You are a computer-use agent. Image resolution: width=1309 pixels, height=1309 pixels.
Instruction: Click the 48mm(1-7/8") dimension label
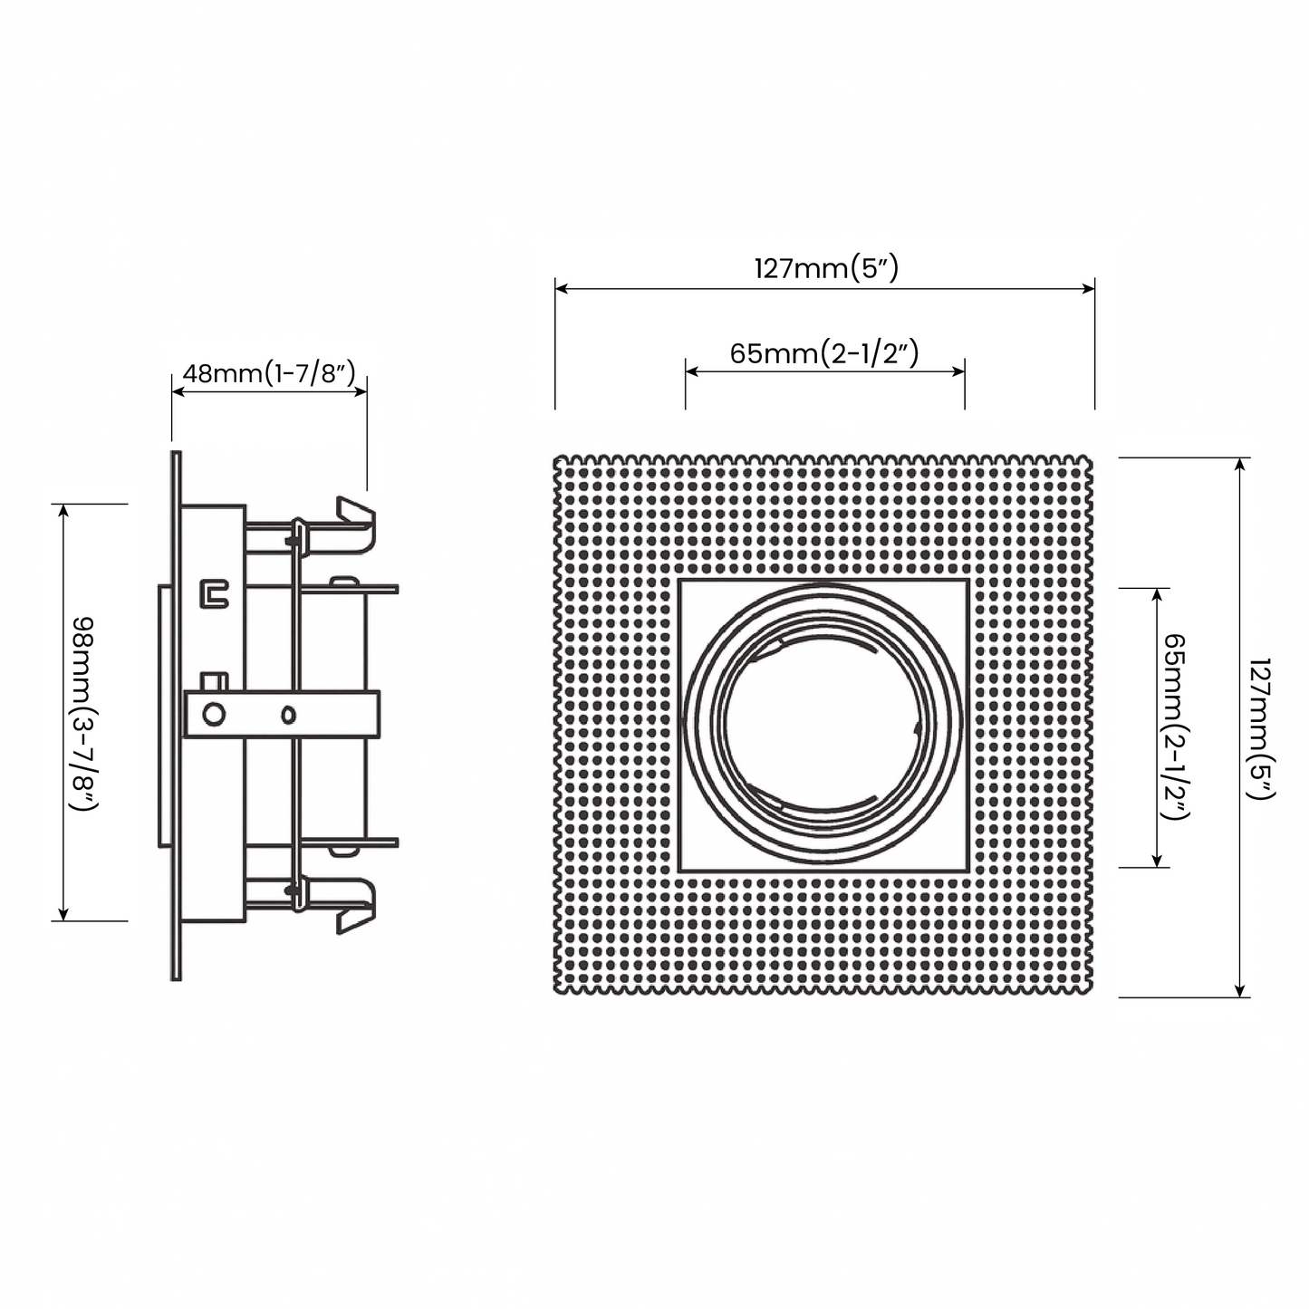click(x=269, y=373)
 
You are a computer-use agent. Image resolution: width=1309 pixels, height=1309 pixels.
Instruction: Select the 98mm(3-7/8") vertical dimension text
click(x=83, y=712)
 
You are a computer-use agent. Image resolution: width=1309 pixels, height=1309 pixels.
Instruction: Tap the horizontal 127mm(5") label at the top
click(x=825, y=268)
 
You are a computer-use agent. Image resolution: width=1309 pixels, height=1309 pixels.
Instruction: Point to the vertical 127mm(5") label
click(x=1260, y=727)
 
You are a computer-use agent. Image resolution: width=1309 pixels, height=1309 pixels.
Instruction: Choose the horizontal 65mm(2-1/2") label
click(x=824, y=352)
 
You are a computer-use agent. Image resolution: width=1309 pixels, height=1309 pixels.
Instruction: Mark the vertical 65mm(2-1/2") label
click(x=1175, y=727)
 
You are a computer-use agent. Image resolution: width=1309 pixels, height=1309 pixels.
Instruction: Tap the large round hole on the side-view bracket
click(x=214, y=714)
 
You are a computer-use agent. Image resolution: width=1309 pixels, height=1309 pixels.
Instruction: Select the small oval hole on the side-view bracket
click(x=288, y=715)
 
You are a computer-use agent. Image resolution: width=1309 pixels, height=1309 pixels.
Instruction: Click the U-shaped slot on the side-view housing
click(x=214, y=593)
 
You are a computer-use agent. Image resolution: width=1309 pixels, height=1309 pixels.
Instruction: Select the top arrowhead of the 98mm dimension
click(x=63, y=511)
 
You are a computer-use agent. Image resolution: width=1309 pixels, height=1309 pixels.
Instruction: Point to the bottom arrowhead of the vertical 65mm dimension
click(x=1157, y=860)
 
